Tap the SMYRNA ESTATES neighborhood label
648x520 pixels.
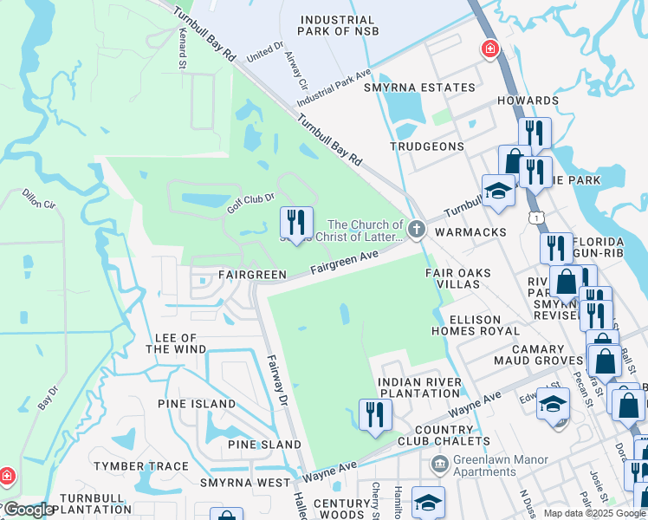[x=419, y=88]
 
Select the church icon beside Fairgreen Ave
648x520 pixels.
[x=417, y=230]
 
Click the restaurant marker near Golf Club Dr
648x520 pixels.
[x=296, y=223]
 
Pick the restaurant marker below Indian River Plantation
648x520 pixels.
[x=375, y=413]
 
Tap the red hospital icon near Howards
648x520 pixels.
[x=490, y=49]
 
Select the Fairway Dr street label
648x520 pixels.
[x=276, y=381]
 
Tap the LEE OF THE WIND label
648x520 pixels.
[x=176, y=343]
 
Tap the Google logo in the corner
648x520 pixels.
[x=28, y=510]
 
